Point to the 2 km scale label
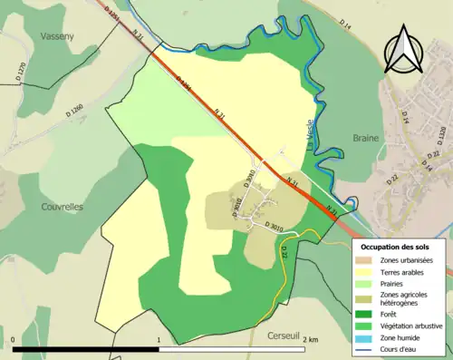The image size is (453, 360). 311,339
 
